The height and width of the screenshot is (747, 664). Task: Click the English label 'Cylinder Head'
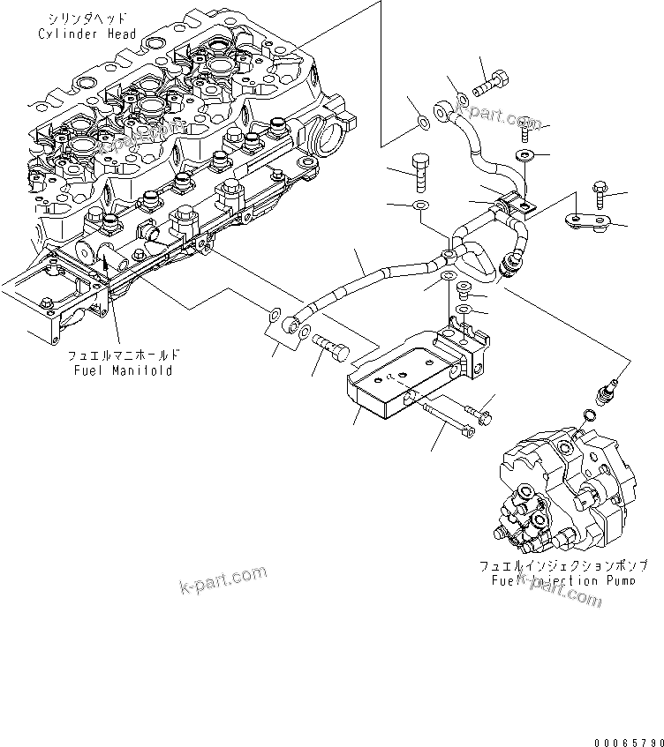(87, 34)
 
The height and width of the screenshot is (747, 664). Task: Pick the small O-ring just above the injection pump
(589, 415)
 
